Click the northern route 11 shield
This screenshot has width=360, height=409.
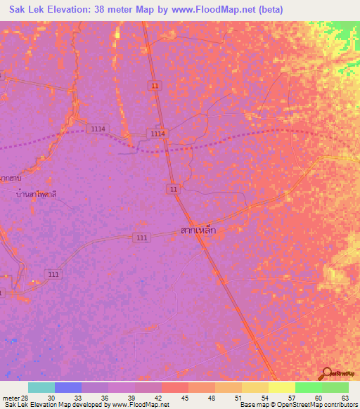(x=154, y=85)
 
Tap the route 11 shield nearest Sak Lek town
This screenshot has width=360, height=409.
(x=173, y=190)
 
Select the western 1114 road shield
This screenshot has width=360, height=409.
(x=98, y=129)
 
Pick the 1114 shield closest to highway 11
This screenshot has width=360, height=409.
(x=157, y=134)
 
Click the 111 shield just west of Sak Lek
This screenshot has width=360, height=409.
(x=142, y=238)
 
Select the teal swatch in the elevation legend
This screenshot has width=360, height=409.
(x=41, y=387)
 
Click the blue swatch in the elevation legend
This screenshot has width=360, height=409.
(x=68, y=387)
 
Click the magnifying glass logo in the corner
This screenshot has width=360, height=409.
(x=327, y=372)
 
